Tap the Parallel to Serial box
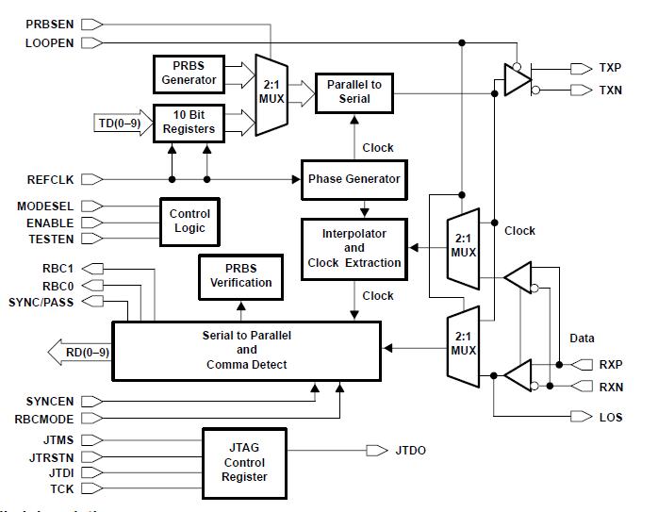354,92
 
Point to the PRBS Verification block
240,275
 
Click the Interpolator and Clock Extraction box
354,248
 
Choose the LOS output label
610,417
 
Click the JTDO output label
411,451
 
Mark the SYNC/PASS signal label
41,302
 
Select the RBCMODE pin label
44,418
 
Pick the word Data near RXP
582,338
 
